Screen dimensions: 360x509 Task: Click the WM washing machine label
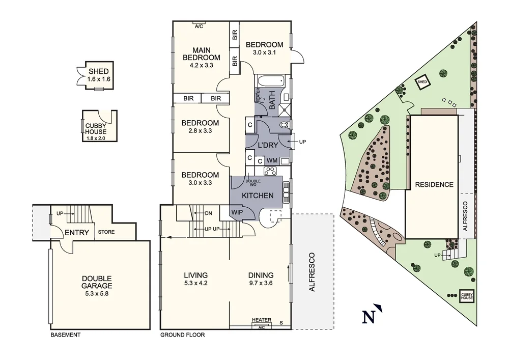[x=272, y=161]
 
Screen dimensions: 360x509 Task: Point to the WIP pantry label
[x=237, y=211]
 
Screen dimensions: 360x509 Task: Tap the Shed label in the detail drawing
[x=98, y=72]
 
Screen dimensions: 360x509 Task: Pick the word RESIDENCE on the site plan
[x=433, y=184]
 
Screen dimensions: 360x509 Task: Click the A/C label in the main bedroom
[x=199, y=26]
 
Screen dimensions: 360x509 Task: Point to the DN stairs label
[x=208, y=213]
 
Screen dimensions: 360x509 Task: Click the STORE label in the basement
[x=106, y=232]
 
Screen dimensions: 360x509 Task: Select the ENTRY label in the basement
[x=77, y=233]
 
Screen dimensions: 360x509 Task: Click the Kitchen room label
[x=258, y=196]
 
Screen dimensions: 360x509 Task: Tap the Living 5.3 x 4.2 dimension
[x=195, y=283]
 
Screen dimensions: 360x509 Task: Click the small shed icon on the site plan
[x=422, y=82]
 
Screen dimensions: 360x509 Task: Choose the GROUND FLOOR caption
[x=182, y=335]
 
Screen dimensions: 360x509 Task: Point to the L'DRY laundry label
[x=268, y=145]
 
